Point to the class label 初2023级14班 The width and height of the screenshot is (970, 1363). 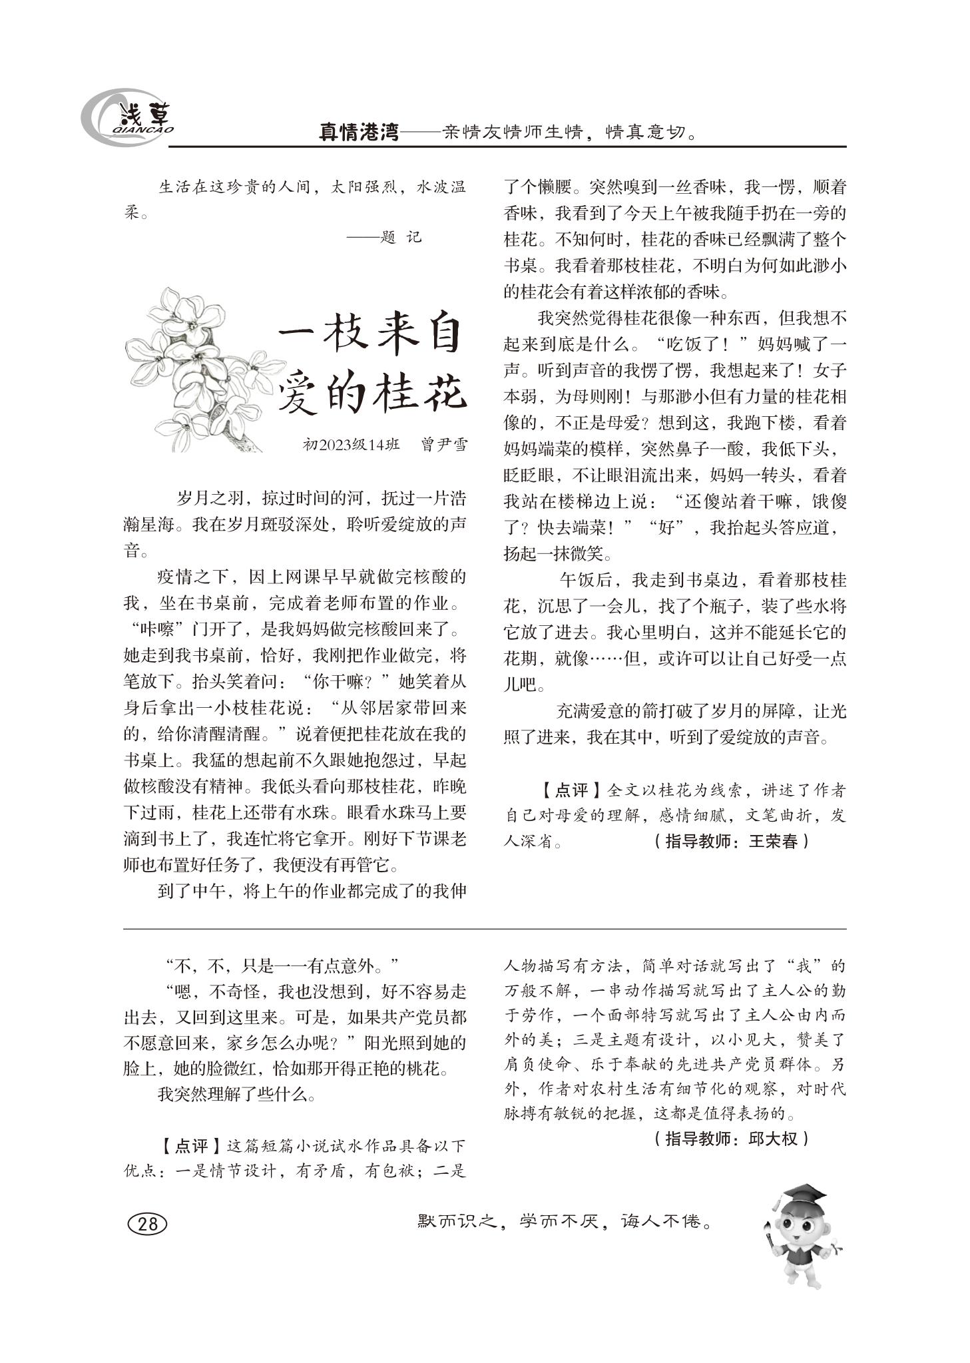(x=351, y=445)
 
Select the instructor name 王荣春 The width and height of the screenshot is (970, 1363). (x=773, y=842)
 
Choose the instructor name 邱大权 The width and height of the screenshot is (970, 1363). (x=773, y=1138)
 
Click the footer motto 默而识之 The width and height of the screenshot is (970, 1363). (x=456, y=1222)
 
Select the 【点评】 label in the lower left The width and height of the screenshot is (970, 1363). (x=191, y=1146)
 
